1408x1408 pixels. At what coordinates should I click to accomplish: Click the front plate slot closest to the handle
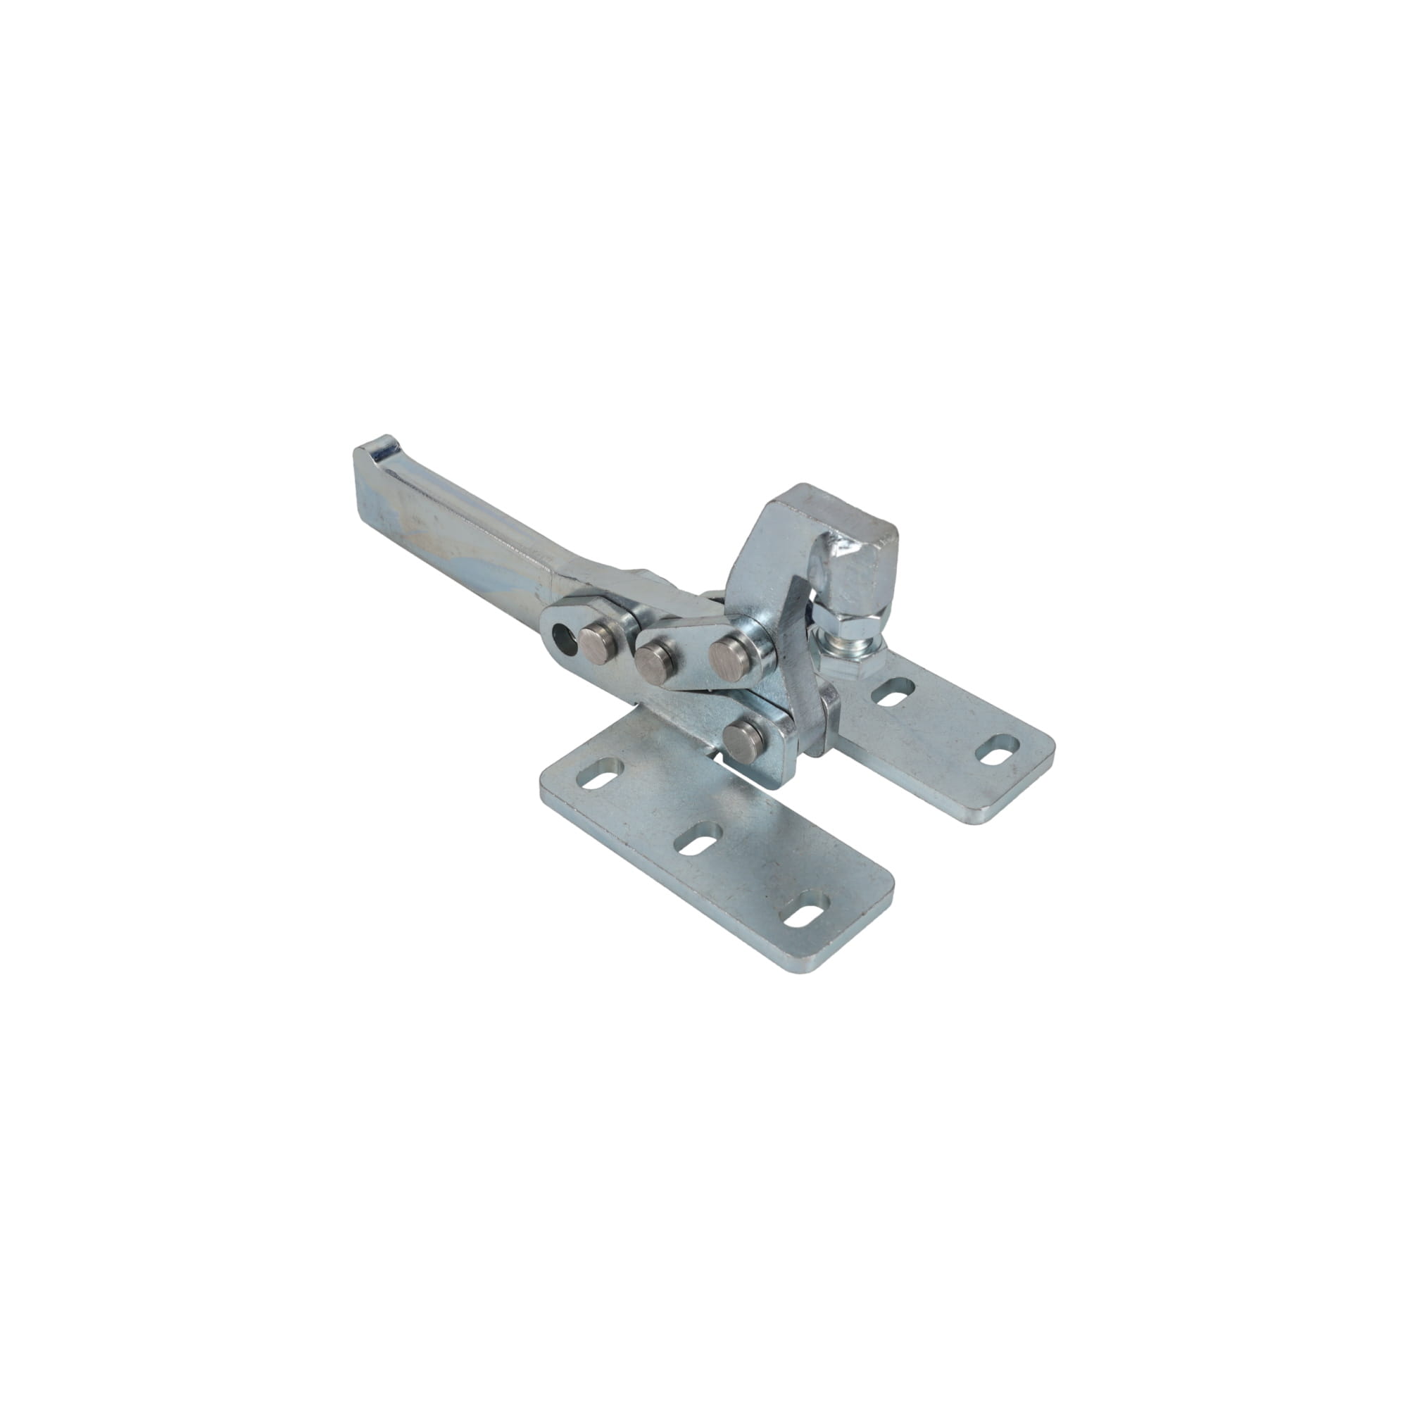pos(599,773)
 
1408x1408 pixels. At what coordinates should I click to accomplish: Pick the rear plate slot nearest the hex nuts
pos(893,691)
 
